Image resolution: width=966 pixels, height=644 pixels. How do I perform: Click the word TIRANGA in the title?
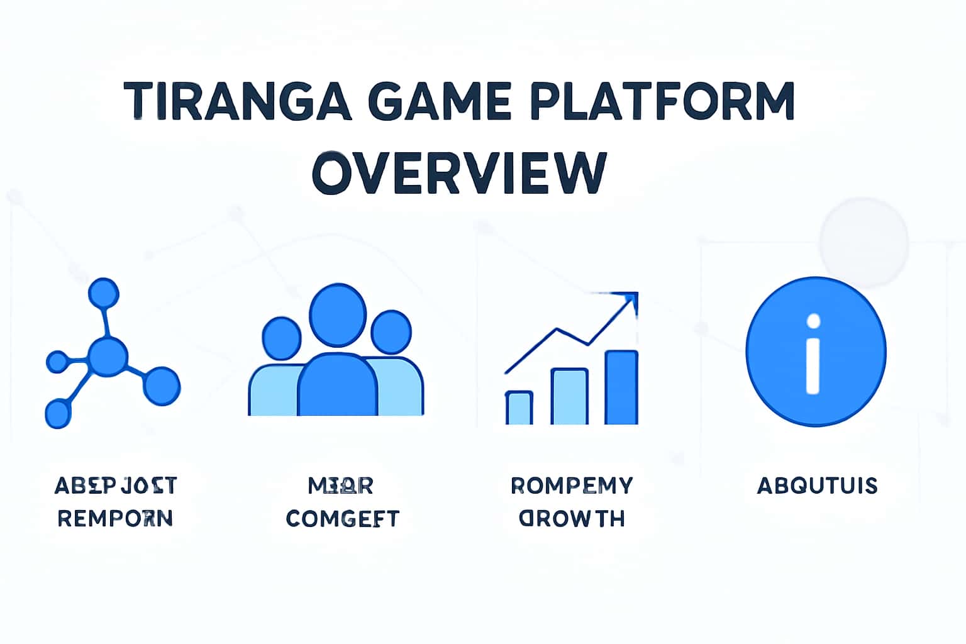point(238,101)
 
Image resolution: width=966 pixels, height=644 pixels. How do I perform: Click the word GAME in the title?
point(447,101)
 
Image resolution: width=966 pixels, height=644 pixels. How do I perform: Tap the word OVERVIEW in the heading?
point(459,172)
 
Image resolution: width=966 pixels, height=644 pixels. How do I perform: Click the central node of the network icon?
point(108,357)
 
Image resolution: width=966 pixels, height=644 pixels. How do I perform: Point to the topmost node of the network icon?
point(103,293)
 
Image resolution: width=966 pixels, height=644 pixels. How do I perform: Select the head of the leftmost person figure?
point(281,338)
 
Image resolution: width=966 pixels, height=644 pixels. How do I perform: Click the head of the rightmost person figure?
point(391,332)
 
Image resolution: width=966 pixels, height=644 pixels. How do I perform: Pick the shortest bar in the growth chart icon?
point(519,408)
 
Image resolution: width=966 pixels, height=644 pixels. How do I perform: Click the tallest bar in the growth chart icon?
point(621,387)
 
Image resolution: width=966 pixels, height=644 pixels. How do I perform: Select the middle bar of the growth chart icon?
point(570,397)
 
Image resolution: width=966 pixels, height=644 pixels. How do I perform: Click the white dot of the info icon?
point(813,322)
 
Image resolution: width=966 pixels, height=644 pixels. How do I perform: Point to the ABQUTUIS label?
point(816,486)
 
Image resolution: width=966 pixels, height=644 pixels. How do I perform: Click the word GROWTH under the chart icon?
point(572,518)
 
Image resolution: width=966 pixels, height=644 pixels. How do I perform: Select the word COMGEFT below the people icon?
point(342,518)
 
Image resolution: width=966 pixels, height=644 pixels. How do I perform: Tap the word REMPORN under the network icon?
point(115,518)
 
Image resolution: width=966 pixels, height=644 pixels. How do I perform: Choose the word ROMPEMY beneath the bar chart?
point(572,486)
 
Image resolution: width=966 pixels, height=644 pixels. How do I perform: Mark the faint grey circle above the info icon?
point(863,243)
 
